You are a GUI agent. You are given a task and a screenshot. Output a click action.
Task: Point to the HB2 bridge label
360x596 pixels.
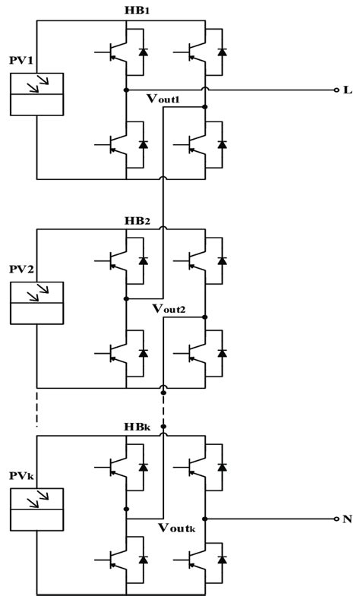[137, 220]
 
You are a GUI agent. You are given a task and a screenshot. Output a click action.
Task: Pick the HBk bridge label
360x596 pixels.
[137, 428]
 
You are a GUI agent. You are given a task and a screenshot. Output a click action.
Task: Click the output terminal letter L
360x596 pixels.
[348, 90]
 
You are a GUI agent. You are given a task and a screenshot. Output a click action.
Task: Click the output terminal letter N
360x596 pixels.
[348, 519]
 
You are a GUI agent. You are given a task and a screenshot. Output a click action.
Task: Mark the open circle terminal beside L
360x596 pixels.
[336, 90]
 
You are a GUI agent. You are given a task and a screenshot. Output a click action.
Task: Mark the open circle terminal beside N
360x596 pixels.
[336, 519]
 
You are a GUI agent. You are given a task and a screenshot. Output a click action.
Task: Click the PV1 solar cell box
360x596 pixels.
[36, 95]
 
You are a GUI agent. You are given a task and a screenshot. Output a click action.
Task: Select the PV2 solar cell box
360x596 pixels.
[36, 302]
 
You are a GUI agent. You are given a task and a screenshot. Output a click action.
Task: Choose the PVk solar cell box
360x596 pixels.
[36, 509]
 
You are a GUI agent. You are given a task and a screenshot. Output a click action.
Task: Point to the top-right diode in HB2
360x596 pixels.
[221, 260]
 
